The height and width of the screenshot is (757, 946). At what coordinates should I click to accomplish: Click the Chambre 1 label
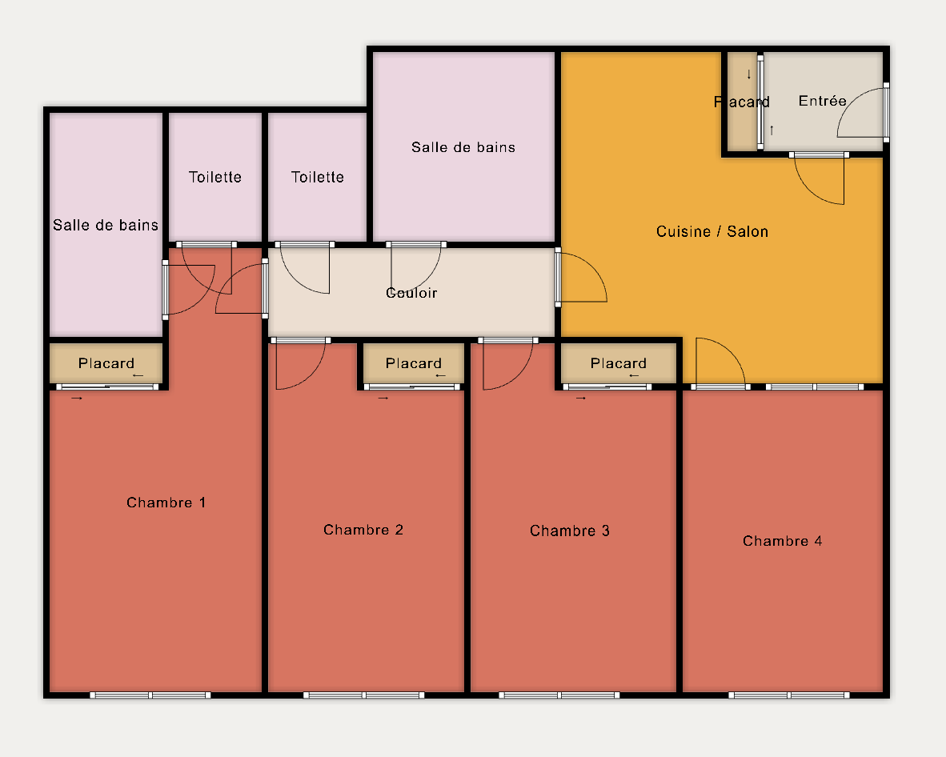pyautogui.click(x=166, y=503)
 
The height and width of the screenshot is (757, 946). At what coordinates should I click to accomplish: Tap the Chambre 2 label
pyautogui.click(x=363, y=530)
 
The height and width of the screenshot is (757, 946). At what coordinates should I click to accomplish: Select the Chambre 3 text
pyautogui.click(x=570, y=531)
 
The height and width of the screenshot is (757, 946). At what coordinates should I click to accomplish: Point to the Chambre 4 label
pyautogui.click(x=783, y=541)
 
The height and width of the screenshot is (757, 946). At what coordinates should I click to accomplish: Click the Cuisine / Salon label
pyautogui.click(x=712, y=231)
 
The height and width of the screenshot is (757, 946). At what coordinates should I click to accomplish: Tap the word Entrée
pyautogui.click(x=822, y=101)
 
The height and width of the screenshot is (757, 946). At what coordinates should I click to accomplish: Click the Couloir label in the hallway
pyautogui.click(x=411, y=293)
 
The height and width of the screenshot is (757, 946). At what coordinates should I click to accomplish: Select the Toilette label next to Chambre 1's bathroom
pyautogui.click(x=214, y=177)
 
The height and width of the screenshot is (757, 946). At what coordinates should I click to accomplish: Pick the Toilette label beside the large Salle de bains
pyautogui.click(x=318, y=177)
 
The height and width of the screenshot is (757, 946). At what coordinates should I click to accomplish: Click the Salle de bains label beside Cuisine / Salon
pyautogui.click(x=463, y=147)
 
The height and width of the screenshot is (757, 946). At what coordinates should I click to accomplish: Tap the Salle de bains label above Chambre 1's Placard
pyautogui.click(x=106, y=225)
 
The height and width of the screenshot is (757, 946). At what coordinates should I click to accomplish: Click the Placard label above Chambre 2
pyautogui.click(x=414, y=363)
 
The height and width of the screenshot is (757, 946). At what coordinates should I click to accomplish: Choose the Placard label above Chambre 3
pyautogui.click(x=619, y=363)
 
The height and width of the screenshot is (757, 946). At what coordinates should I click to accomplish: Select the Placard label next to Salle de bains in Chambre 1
pyautogui.click(x=106, y=363)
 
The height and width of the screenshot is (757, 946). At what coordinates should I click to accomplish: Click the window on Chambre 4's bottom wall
pyautogui.click(x=789, y=695)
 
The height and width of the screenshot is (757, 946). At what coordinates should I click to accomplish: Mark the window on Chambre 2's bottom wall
pyautogui.click(x=364, y=695)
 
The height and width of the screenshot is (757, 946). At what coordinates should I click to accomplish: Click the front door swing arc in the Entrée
pyautogui.click(x=851, y=102)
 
